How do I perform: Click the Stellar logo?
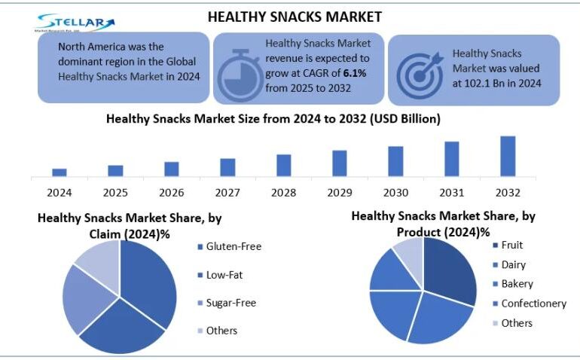76,23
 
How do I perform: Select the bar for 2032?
508,156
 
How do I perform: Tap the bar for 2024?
60,172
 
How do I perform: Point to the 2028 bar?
284,165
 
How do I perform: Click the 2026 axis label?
172,192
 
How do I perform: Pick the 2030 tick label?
395,192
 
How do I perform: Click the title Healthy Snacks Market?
295,17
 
